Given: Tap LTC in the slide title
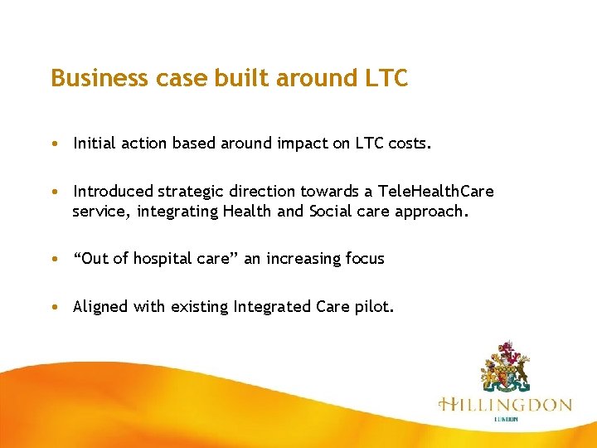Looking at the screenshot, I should coord(386,78).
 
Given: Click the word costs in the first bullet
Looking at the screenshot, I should coord(410,144).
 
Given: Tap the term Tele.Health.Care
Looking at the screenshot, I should coord(434,192).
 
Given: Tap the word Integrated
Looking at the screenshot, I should coord(272,307).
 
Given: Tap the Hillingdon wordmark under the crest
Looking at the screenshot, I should coord(505,406).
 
